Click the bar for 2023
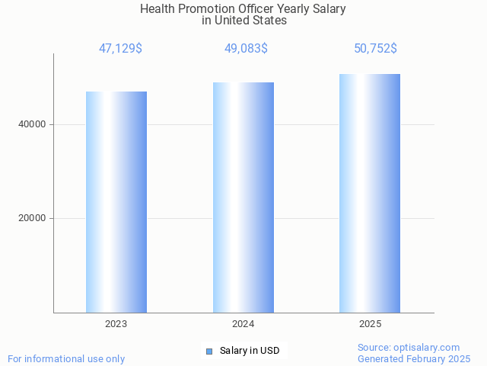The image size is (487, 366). click(x=116, y=202)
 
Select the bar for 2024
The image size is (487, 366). click(x=243, y=197)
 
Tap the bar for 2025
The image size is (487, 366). click(x=370, y=194)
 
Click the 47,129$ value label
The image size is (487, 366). click(x=120, y=49)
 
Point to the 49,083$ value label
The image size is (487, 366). click(x=246, y=49)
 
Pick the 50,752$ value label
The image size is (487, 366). click(x=375, y=49)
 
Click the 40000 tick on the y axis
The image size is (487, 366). click(x=32, y=124)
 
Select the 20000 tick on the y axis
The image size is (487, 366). click(x=32, y=218)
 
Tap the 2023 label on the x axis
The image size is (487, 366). click(x=116, y=324)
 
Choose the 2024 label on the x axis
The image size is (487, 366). click(x=243, y=324)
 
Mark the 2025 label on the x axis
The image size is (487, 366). click(x=371, y=324)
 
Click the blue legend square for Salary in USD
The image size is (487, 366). click(x=209, y=352)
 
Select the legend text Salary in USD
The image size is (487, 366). click(x=250, y=352)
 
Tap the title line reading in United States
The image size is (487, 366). click(x=244, y=21)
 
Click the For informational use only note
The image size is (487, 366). click(x=66, y=358)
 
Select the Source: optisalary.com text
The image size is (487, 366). click(x=409, y=347)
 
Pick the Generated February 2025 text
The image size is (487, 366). click(x=414, y=358)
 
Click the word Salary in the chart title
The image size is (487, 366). click(x=328, y=9)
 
